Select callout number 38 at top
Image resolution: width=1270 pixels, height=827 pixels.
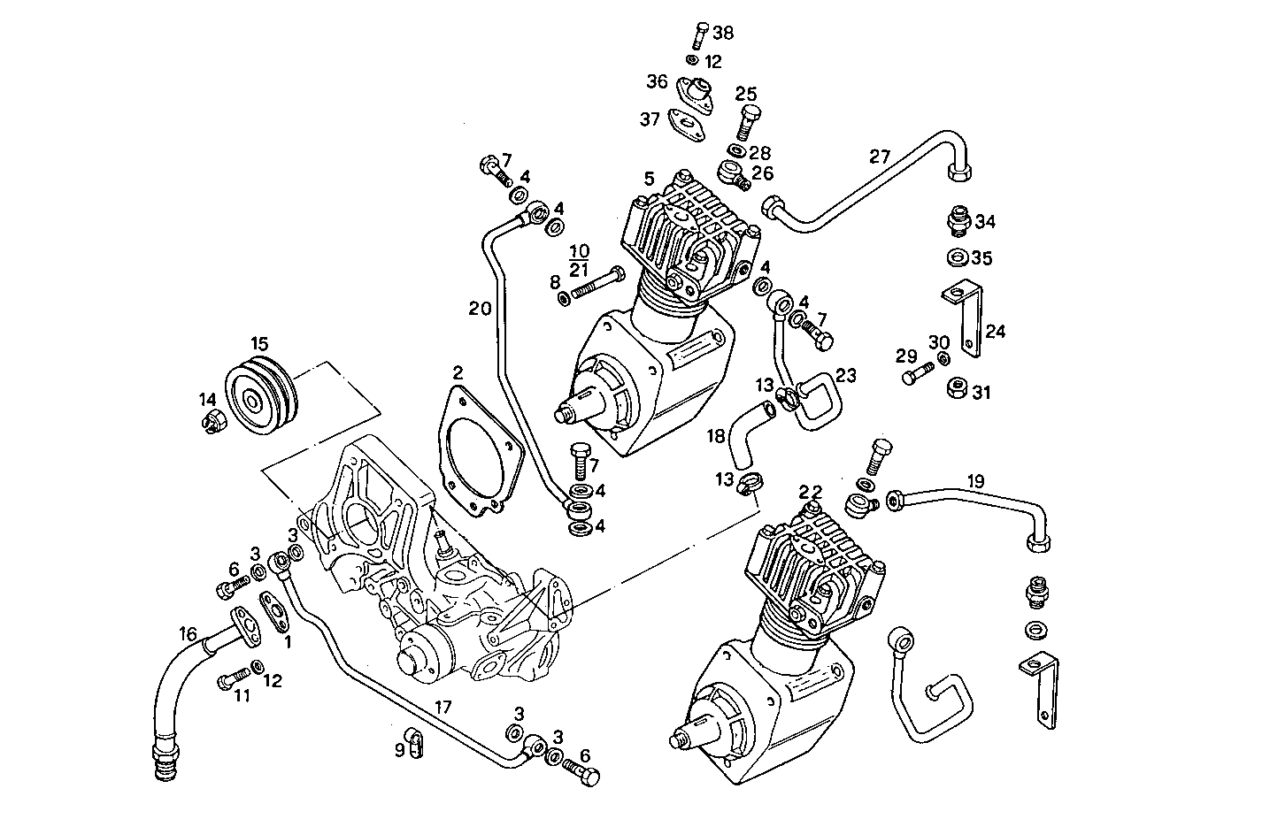[x=723, y=34]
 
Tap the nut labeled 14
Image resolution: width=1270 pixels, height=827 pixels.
[x=213, y=422]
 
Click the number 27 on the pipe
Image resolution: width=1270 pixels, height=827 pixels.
[x=879, y=157]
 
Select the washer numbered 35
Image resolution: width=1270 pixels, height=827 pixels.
[x=957, y=258]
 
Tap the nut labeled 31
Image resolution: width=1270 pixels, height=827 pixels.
[x=958, y=388]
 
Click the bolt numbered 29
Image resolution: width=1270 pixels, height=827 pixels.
[x=915, y=375]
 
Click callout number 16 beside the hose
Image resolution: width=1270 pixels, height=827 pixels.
[x=188, y=633]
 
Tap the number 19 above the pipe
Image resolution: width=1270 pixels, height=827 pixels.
[x=974, y=481]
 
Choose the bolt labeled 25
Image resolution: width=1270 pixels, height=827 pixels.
[x=744, y=119]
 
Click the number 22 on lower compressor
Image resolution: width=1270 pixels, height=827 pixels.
[x=811, y=492]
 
